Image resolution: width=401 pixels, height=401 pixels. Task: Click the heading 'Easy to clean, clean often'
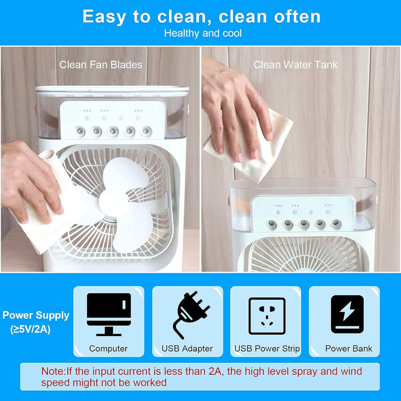click(202, 17)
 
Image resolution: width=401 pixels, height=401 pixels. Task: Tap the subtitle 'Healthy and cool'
click(203, 33)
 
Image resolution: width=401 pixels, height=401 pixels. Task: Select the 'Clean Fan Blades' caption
click(101, 65)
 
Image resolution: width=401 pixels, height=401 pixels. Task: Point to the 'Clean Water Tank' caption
click(295, 65)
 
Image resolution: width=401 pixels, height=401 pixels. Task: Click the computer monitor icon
click(109, 314)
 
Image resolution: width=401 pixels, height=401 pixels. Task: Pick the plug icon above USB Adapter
click(191, 315)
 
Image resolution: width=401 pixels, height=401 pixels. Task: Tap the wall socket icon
click(267, 316)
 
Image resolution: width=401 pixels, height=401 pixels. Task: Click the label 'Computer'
click(109, 348)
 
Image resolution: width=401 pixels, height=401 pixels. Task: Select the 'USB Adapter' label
click(187, 348)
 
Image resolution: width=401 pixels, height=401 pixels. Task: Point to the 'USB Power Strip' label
click(267, 348)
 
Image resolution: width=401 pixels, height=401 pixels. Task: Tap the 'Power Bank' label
click(348, 348)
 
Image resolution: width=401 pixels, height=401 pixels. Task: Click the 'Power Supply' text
click(36, 316)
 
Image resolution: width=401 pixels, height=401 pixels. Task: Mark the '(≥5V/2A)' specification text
click(30, 329)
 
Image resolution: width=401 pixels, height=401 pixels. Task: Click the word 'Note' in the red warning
click(53, 371)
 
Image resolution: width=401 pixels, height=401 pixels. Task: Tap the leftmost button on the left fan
click(80, 132)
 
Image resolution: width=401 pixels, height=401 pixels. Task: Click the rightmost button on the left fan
click(146, 131)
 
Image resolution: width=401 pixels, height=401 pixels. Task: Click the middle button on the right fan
click(304, 224)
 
